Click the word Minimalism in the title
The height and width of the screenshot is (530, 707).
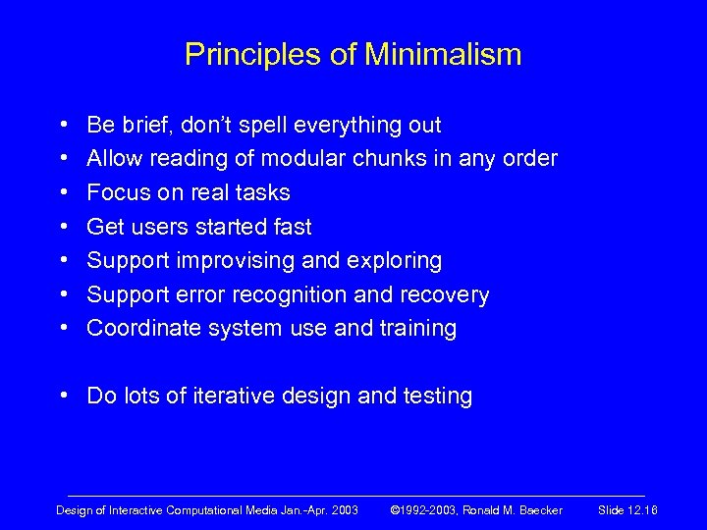click(445, 54)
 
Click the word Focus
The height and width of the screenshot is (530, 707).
click(118, 192)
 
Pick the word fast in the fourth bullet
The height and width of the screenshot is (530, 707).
click(292, 227)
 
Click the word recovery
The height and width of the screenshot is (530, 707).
click(447, 294)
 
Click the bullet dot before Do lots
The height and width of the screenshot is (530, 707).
click(64, 397)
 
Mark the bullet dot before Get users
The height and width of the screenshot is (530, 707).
click(64, 227)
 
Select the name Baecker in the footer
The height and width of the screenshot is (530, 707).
click(541, 510)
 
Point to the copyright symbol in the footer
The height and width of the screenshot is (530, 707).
click(396, 510)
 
